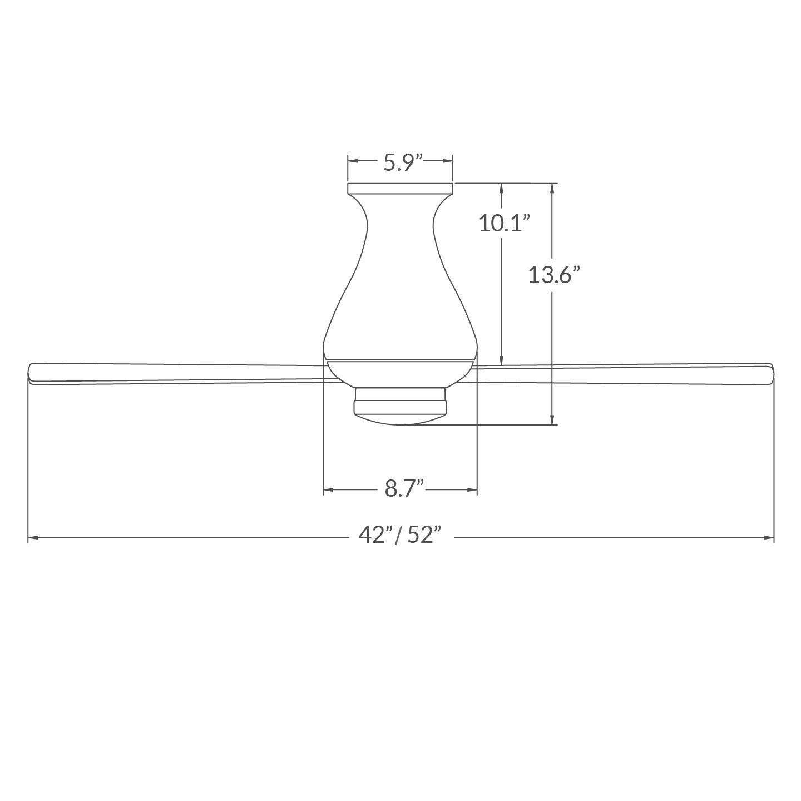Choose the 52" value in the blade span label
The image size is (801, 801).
423,535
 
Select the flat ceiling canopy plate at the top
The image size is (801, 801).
400,188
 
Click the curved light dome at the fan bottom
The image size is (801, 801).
400,419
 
